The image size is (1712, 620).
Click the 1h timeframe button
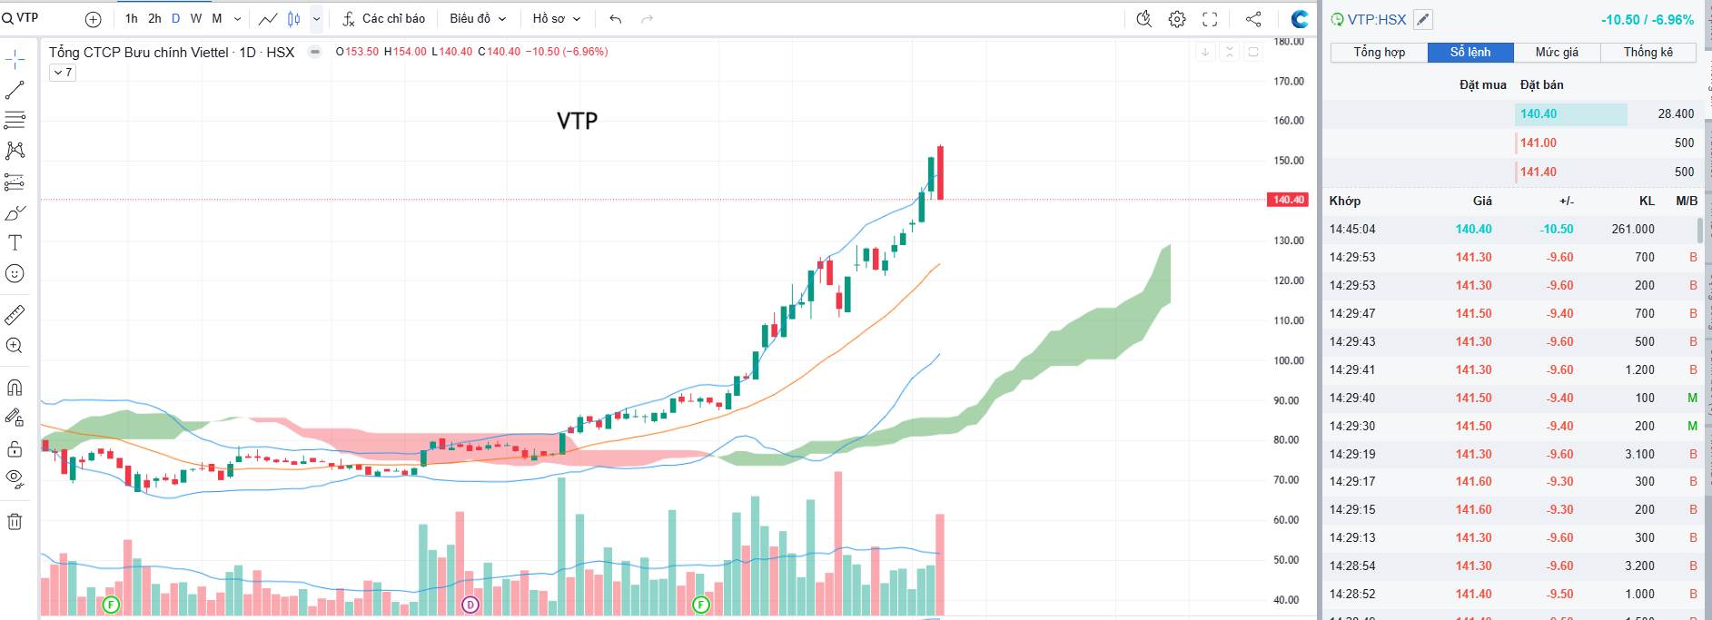(132, 18)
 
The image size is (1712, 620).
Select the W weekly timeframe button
(196, 18)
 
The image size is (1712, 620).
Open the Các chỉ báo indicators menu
(383, 18)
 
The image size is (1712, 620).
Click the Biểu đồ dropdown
(477, 18)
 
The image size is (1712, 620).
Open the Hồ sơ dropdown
(556, 18)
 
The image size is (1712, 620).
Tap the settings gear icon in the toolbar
(1177, 19)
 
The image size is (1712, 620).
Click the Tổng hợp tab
(1379, 53)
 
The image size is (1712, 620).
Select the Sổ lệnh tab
(1470, 53)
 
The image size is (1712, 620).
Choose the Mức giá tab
(1557, 53)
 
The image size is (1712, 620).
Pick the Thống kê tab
(1648, 53)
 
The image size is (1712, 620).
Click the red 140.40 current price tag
(1287, 200)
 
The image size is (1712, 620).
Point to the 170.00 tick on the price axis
(1288, 82)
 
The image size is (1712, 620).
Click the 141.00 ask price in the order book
(1539, 143)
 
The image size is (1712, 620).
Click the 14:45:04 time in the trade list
(1352, 229)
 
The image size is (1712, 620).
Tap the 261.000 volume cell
(1632, 229)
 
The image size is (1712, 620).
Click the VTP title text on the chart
(577, 121)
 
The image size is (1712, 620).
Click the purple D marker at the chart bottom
(470, 605)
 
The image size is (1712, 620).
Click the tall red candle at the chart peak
(941, 172)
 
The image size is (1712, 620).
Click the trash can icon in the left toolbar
(15, 522)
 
